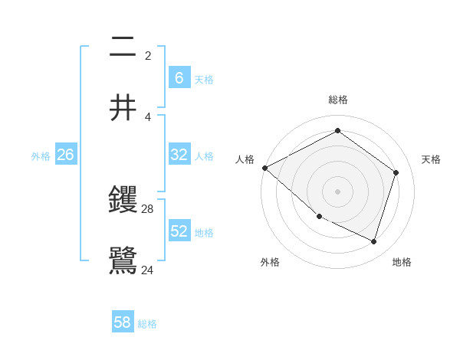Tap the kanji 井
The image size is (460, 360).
[x=123, y=108]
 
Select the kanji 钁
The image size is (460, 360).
[x=123, y=200]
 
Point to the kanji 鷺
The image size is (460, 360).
[x=123, y=260]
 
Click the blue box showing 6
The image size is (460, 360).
[x=179, y=77]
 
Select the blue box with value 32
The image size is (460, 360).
[x=179, y=155]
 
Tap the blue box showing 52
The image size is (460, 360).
[x=179, y=231]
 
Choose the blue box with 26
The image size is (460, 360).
[x=65, y=155]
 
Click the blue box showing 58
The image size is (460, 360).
[x=123, y=322]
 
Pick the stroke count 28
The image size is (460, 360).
[x=148, y=208]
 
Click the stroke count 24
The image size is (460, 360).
[x=148, y=270]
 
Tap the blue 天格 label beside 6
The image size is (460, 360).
[x=204, y=79]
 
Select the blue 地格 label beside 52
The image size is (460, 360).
[x=204, y=232]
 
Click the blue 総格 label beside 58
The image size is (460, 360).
[x=147, y=324]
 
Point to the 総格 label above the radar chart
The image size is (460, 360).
[x=338, y=100]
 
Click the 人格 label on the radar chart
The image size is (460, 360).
[x=245, y=159]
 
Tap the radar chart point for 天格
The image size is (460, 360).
[x=396, y=172]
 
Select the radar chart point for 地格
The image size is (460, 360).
[x=373, y=241]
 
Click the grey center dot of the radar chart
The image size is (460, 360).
[x=337, y=191]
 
